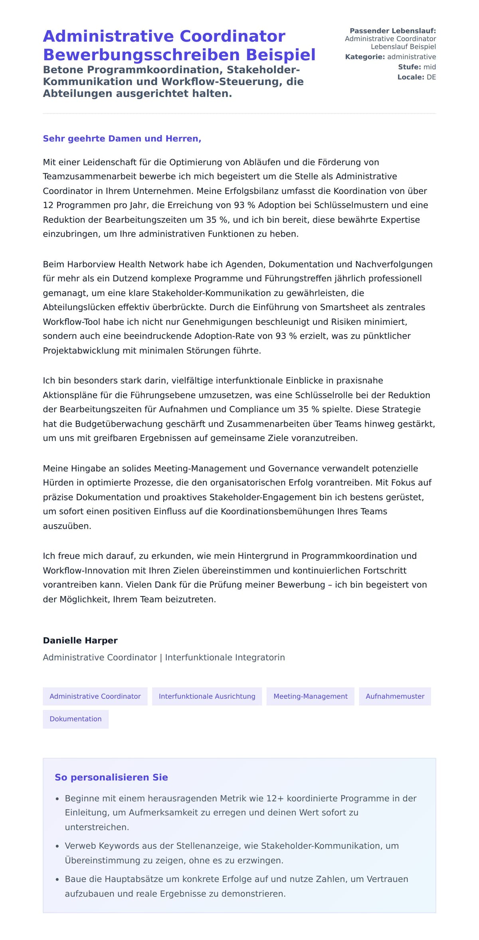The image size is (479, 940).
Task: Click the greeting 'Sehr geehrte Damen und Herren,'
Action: pos(122,139)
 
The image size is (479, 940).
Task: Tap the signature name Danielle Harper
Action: pos(80,640)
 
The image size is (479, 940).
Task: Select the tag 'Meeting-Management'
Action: pos(310,696)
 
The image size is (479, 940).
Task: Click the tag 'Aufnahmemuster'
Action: pos(395,696)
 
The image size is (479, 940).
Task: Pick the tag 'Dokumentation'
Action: pos(75,719)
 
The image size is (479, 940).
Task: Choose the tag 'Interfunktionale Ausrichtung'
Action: pos(207,696)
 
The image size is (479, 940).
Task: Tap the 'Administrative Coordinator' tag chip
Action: pos(95,696)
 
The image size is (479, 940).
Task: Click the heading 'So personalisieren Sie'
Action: pos(111,777)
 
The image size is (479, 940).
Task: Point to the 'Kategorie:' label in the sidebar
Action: pos(365,57)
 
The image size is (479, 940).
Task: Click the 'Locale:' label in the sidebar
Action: pos(410,77)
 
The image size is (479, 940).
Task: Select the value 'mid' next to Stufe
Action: pos(430,67)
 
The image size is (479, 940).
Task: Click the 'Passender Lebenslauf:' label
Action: pos(392,31)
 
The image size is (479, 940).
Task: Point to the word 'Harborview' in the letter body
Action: pos(91,264)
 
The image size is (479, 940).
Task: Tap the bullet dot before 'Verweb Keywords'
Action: pos(57,846)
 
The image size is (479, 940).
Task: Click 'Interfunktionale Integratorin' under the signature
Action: pos(225,658)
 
